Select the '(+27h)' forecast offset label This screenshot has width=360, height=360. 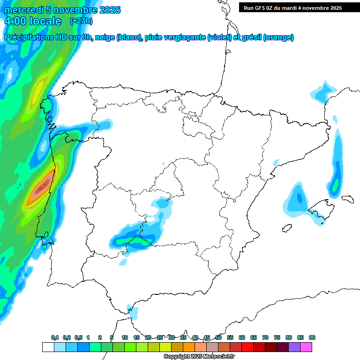coord(81,21)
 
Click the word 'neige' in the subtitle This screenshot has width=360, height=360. coord(105,37)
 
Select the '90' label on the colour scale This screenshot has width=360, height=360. coord(312,337)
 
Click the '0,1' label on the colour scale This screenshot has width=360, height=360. coord(55,337)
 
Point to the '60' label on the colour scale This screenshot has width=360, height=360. coord(242,337)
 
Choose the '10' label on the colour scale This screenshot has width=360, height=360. coord(125,337)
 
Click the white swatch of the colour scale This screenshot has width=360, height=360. coord(48,347)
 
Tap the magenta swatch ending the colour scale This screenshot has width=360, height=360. coord(306,347)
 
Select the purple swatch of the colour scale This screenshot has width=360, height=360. coord(294,347)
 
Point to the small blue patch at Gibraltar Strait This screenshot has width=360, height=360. coord(133,312)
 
